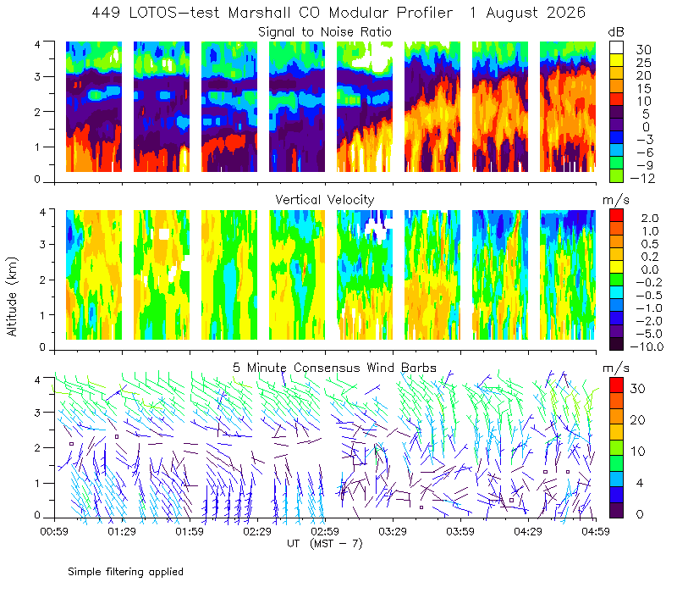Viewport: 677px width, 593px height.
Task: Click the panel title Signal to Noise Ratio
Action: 325,32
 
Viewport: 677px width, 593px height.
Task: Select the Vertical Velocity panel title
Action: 325,200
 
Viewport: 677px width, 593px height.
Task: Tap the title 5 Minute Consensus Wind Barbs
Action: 334,368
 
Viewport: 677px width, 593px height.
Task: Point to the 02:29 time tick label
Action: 257,531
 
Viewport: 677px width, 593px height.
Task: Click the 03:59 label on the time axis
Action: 460,531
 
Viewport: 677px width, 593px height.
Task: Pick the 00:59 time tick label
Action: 54,531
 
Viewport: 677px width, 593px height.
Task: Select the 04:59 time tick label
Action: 596,531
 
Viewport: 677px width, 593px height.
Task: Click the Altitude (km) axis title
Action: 12,296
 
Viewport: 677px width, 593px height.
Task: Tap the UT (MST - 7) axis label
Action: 325,544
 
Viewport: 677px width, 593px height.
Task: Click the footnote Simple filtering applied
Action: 125,572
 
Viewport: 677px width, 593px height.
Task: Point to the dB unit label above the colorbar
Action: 616,32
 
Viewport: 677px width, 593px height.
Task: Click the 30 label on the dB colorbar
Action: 643,49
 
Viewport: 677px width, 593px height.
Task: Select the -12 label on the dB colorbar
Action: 642,178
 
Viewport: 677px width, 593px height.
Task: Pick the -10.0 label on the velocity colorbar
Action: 647,346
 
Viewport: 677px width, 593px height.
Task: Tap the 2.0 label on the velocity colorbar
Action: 650,218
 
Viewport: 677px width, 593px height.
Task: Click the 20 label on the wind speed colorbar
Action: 637,419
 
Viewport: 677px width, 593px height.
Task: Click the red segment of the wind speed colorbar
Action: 616,385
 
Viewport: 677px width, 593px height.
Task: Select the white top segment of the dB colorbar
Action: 616,47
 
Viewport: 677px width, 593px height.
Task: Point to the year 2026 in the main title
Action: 565,13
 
